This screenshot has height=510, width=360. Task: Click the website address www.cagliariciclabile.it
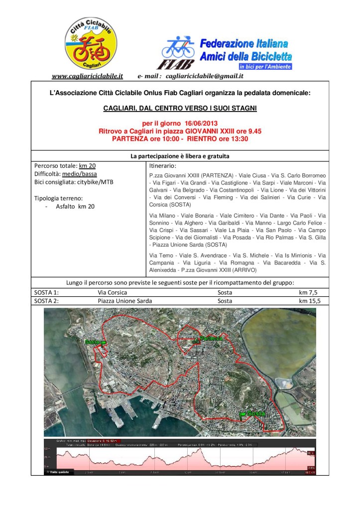tap(87, 76)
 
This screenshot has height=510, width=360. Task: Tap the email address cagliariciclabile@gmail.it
tap(204, 76)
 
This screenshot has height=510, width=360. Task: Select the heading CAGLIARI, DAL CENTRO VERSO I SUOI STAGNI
tap(180, 107)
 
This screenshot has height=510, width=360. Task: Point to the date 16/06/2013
tap(198, 124)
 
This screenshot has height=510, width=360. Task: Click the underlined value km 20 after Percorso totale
tap(87, 165)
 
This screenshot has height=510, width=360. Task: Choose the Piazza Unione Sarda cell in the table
tap(125, 301)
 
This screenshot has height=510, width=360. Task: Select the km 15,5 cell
tap(310, 301)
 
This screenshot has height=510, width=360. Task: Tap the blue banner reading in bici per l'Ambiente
tap(265, 66)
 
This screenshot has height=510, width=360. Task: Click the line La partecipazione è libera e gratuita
tap(180, 156)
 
